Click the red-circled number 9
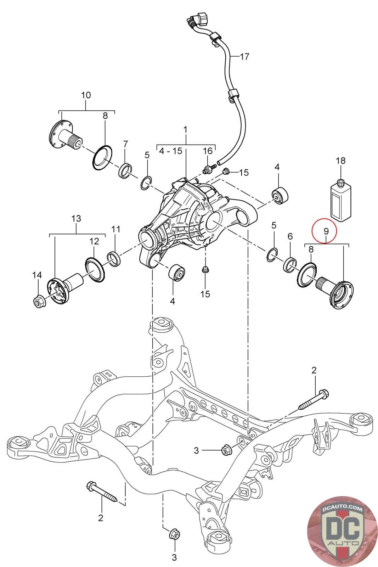pos(326,231)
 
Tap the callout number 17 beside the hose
pos(244,56)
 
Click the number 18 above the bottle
pos(340,161)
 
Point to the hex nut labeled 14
pos(39,301)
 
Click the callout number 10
pos(86,95)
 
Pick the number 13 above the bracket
pos(76,218)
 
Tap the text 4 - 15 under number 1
pos(171,151)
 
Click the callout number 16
pos(208,151)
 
